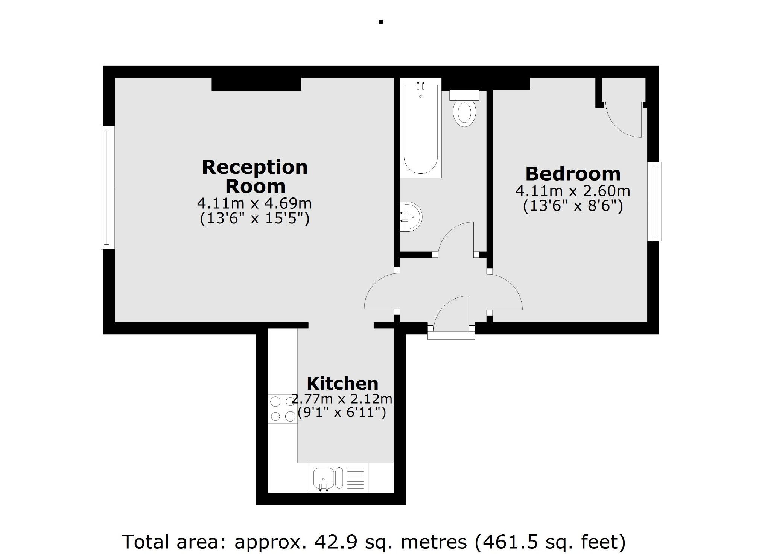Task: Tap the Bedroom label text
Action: (573, 174)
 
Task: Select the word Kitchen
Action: (342, 384)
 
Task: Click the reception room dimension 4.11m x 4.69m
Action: (255, 203)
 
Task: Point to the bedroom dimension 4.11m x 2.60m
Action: (573, 191)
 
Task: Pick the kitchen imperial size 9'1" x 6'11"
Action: (342, 413)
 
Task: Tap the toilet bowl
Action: (464, 112)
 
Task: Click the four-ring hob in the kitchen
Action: (283, 409)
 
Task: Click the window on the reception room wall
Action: (108, 187)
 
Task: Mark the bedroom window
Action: (654, 201)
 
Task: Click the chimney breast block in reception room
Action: (256, 84)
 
